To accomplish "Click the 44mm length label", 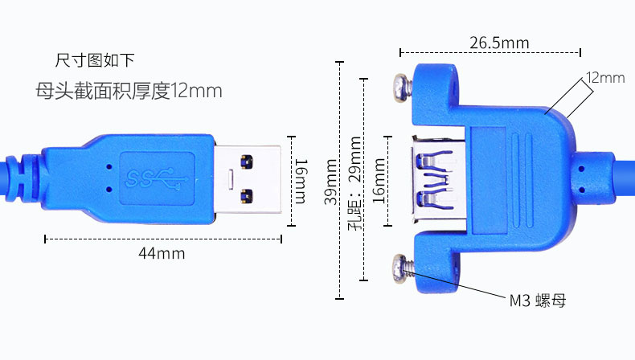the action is coord(162,253).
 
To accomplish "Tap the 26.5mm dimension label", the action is coord(499,43).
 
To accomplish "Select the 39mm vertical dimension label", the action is coord(331,182).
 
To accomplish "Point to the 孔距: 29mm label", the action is coord(354,183).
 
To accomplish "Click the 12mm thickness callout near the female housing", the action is coord(605,77).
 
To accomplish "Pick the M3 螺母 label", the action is coord(537,301).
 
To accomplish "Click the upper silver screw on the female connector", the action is coord(403,87).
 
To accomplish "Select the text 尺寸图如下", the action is coord(94,60).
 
